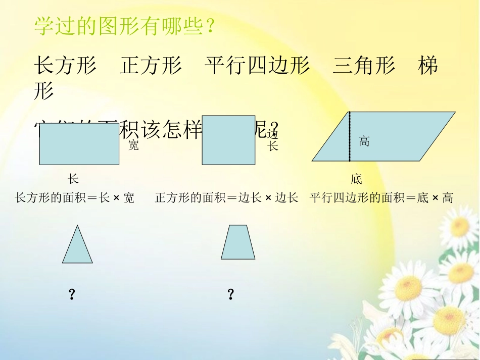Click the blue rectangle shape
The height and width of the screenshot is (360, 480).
click(x=79, y=144)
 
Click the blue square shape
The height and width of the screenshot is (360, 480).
click(x=228, y=140)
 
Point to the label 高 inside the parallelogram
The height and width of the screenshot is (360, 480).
click(x=364, y=141)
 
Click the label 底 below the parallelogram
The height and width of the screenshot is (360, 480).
click(x=356, y=179)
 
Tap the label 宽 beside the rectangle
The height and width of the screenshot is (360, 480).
click(x=133, y=145)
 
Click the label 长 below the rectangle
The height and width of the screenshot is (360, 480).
click(x=73, y=179)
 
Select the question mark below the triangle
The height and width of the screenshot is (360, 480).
click(x=72, y=295)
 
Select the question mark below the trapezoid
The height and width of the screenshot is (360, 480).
click(x=231, y=295)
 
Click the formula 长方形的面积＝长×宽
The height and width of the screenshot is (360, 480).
click(x=75, y=198)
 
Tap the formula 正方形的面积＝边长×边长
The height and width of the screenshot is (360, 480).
click(x=226, y=198)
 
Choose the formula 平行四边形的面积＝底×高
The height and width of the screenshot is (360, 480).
click(x=381, y=198)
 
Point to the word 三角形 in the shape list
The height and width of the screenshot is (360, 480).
click(x=364, y=66)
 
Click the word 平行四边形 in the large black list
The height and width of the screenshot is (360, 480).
click(x=257, y=66)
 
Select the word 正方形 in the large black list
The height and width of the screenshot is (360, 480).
click(x=151, y=66)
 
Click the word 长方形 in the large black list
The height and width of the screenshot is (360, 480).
click(x=65, y=66)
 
